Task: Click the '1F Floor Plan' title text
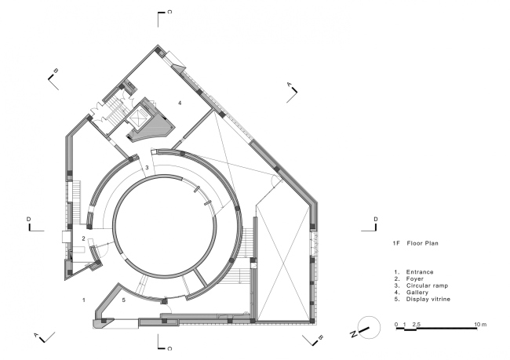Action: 415,243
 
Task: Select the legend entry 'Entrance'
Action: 420,272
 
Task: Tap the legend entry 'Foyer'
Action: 415,278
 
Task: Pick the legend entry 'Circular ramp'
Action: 427,285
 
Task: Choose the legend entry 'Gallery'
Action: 417,293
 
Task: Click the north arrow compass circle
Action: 369,328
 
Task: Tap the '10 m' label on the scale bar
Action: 480,324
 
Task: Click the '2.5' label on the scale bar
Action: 417,324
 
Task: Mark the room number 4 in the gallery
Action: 180,103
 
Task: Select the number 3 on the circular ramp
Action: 147,168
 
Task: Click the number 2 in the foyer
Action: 84,238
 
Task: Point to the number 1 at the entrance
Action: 84,300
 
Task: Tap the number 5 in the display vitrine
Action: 124,300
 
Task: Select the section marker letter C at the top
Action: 169,12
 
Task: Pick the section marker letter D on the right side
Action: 376,219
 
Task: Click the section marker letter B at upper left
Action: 56,71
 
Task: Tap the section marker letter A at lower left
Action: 36,335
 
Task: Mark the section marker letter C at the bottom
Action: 169,348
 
